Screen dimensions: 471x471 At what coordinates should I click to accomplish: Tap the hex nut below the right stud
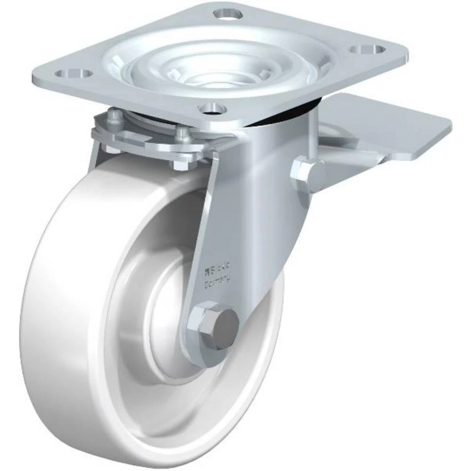[x=181, y=165]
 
